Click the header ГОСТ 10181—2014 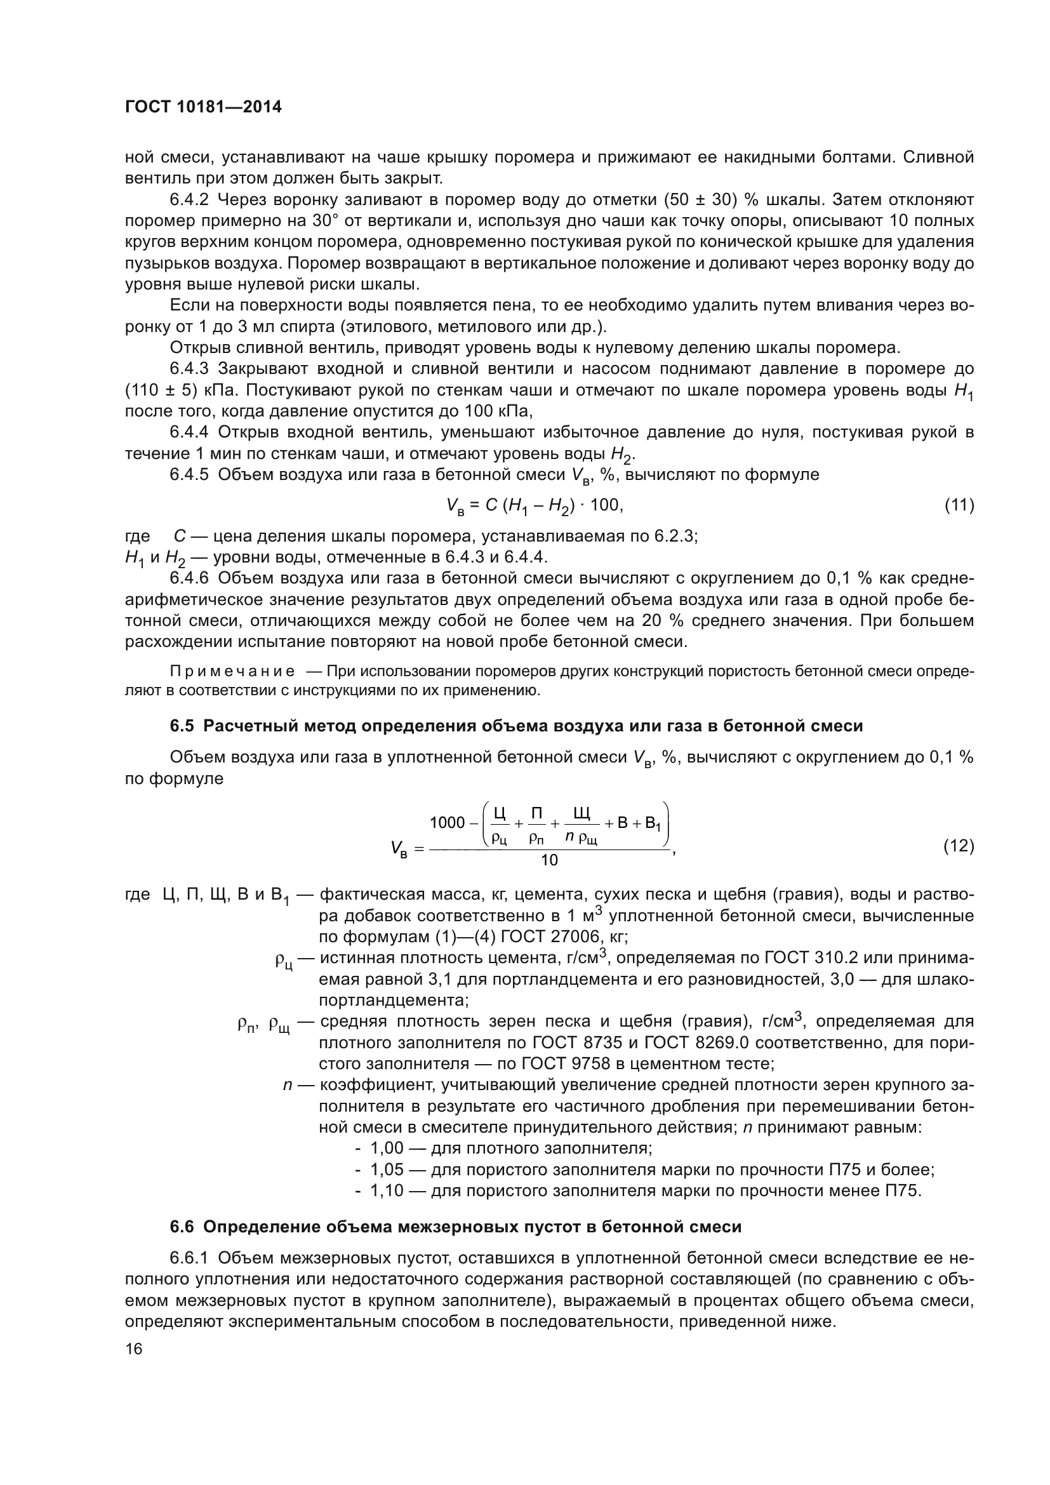tap(203, 107)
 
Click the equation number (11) tap(959, 505)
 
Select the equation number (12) tap(959, 845)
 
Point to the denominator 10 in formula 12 tap(549, 860)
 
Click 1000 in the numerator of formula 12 tap(448, 823)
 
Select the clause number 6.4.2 tap(189, 200)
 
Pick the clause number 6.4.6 tap(189, 578)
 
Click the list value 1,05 tap(387, 1169)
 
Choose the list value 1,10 tap(387, 1190)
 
